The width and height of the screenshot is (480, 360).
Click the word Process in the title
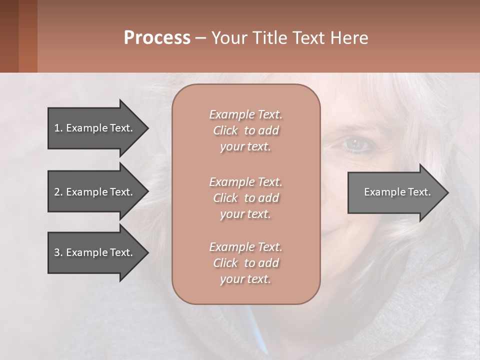point(157,37)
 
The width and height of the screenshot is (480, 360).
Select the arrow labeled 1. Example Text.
point(93,128)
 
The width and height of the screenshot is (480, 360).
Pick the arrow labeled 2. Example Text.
point(93,192)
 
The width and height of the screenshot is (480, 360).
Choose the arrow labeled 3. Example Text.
point(93,252)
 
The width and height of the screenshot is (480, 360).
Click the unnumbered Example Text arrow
point(397,192)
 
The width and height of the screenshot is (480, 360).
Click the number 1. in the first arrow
point(58,128)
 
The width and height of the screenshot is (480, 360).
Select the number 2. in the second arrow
point(58,192)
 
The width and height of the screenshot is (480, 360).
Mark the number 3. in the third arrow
point(58,252)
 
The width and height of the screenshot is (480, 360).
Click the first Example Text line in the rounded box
point(245,114)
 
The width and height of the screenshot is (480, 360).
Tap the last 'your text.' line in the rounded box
point(245,279)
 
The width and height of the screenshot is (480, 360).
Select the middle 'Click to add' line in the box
point(245,198)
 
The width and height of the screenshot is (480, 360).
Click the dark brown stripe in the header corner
point(9,36)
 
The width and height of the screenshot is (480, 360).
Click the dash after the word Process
point(201,38)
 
